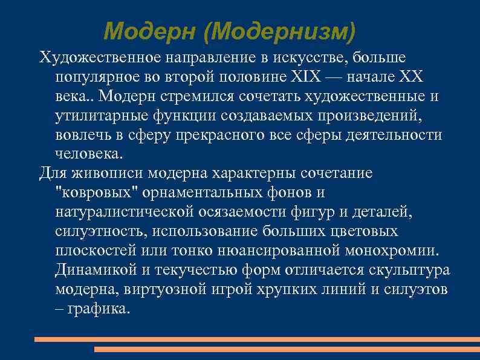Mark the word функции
(x=174, y=116)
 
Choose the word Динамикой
(x=91, y=269)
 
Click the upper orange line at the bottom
(x=257, y=339)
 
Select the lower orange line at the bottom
(x=287, y=349)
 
